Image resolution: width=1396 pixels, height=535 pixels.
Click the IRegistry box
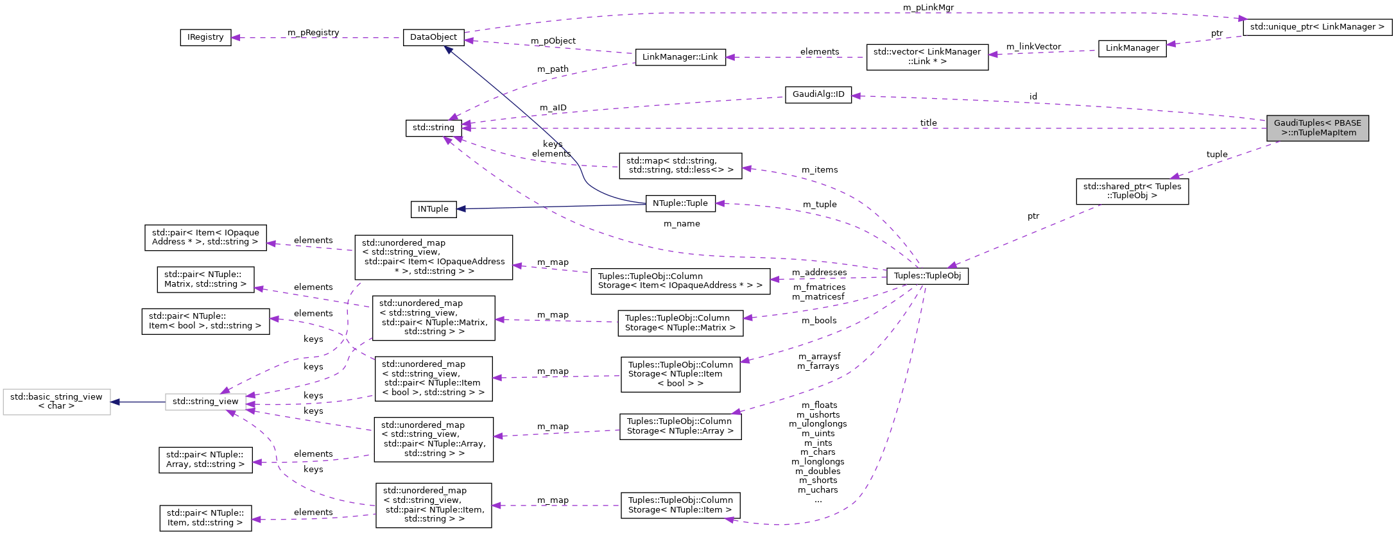(x=205, y=37)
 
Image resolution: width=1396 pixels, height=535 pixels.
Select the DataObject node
(x=433, y=37)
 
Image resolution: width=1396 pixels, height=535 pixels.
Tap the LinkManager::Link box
(x=680, y=57)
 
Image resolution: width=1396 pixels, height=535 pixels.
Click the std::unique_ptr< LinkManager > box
(x=1317, y=27)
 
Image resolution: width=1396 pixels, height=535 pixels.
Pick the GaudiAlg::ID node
(x=818, y=94)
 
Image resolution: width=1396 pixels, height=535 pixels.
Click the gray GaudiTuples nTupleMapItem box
(x=1317, y=128)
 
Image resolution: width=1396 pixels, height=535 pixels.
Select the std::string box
(x=433, y=128)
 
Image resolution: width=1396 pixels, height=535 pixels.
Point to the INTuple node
(x=433, y=209)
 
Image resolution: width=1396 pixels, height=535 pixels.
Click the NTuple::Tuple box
(x=680, y=203)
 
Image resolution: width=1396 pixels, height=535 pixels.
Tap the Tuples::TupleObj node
(x=927, y=276)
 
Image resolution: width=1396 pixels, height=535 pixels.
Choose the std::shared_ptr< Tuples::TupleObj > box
(x=1132, y=191)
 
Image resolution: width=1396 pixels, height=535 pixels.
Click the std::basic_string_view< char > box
(x=56, y=402)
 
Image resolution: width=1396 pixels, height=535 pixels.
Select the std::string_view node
(x=205, y=402)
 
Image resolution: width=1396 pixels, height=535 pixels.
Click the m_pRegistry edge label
(x=313, y=33)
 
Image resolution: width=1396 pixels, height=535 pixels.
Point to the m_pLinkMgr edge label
(x=928, y=8)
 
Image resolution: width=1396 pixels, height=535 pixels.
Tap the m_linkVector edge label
(x=1033, y=47)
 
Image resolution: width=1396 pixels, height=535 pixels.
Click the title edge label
(x=928, y=123)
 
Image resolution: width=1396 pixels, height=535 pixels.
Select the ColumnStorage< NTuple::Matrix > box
(x=680, y=323)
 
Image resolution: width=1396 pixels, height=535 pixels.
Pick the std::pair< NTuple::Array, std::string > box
(x=205, y=459)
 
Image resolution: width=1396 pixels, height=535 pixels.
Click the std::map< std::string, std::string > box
(x=680, y=166)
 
